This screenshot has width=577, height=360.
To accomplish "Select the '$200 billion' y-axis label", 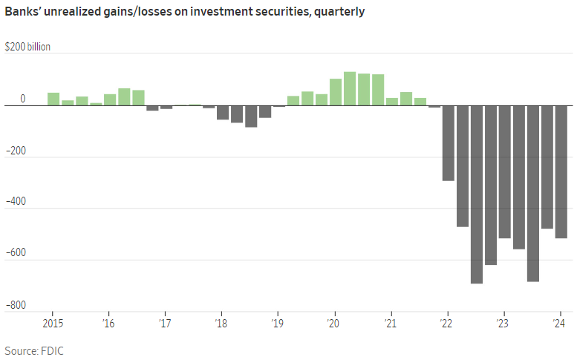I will (x=27, y=47).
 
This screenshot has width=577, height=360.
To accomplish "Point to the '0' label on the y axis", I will (x=23, y=99).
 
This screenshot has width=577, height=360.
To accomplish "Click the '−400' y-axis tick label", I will (x=16, y=202).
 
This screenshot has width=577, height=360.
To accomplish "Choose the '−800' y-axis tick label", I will (x=16, y=305).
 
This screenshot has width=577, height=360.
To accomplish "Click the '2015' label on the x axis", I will (x=53, y=324).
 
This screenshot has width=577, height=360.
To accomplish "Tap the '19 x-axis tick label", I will (x=278, y=324).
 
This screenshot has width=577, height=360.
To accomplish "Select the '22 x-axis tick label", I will (x=447, y=324).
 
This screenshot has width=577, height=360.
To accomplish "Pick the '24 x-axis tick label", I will (x=561, y=324).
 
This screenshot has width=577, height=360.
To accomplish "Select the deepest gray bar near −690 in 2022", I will (x=476, y=194).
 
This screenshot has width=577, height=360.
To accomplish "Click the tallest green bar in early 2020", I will (x=350, y=89).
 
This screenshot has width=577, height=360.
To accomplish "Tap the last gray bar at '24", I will (x=561, y=172).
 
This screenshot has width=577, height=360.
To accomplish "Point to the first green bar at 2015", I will (x=53, y=99).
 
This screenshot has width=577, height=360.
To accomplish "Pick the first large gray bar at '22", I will (x=448, y=143).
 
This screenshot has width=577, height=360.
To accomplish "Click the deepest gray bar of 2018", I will (x=251, y=117).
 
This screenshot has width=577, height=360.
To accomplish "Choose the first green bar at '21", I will (x=392, y=102).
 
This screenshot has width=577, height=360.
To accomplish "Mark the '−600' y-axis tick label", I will (x=16, y=253).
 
